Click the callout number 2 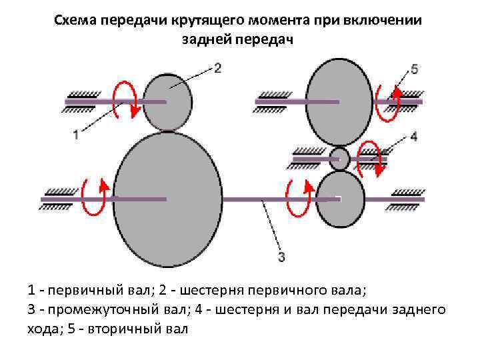[x=217, y=67]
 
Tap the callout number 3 [x=281, y=255]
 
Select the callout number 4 [x=413, y=137]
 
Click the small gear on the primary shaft [x=167, y=101]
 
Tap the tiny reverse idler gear [x=340, y=159]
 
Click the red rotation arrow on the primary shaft [x=125, y=101]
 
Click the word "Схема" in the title [x=77, y=19]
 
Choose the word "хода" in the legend [x=44, y=329]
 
